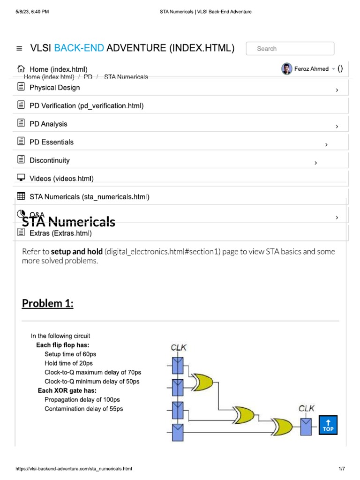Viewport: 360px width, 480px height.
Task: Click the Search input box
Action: [x=290, y=49]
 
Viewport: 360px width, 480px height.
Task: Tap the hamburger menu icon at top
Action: [x=19, y=48]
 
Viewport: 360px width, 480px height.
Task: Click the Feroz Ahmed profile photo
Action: [x=286, y=69]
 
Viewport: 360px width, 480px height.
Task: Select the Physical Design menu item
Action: [x=54, y=88]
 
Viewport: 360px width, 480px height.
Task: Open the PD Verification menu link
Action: [x=86, y=106]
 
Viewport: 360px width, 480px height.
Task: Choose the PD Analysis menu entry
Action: [x=48, y=124]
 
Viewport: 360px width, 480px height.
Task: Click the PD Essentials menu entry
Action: [x=52, y=142]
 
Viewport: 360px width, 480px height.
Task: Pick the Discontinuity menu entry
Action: [x=49, y=160]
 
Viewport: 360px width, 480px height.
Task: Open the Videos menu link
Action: [x=61, y=179]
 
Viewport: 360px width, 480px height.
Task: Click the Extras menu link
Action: [x=60, y=233]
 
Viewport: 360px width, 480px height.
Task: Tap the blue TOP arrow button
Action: [x=328, y=425]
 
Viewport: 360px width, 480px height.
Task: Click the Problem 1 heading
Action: [x=48, y=304]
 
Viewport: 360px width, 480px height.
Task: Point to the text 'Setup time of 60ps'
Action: [x=70, y=354]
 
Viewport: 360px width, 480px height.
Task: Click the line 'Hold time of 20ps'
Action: [x=68, y=363]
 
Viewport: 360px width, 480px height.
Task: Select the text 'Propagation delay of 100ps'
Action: [x=82, y=400]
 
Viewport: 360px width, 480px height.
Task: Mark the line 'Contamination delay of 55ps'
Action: [x=83, y=409]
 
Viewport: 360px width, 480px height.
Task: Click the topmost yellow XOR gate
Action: [x=202, y=382]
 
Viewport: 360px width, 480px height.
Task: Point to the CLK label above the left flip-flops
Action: [x=179, y=348]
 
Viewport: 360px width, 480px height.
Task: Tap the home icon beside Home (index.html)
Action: [x=21, y=69]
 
